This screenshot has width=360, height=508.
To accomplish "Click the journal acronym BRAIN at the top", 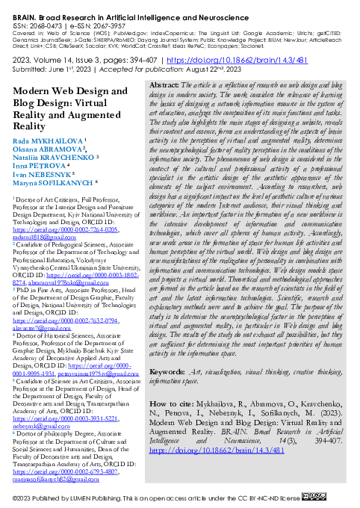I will [19, 5].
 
